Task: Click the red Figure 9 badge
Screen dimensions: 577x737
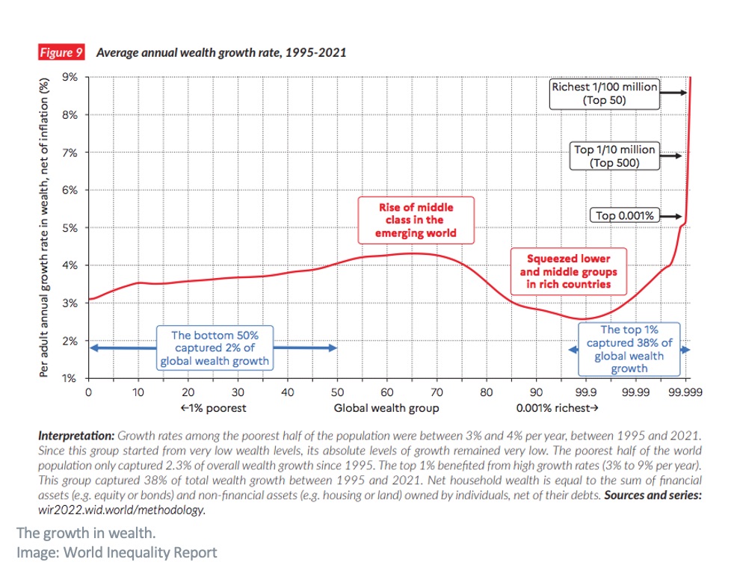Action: (61, 52)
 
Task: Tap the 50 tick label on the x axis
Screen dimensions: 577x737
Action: (337, 392)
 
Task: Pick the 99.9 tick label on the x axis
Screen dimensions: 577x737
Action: (585, 392)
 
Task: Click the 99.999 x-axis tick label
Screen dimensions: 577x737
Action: (685, 392)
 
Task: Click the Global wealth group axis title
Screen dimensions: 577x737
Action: (386, 408)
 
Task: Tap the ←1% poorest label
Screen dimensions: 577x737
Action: (213, 408)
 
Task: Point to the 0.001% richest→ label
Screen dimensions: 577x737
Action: (558, 408)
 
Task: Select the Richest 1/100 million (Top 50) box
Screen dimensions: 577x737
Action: (604, 93)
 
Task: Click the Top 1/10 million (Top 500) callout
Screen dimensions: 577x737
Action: (614, 155)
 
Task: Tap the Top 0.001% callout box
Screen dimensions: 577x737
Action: (626, 216)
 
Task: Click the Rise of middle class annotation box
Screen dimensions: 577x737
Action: (416, 220)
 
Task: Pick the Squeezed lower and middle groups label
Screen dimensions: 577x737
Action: (565, 271)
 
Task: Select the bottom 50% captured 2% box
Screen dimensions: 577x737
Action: (214, 348)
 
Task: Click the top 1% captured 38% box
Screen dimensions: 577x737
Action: (629, 348)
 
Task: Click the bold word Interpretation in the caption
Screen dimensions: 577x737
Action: (76, 434)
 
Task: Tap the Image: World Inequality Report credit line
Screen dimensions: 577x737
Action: (117, 553)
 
